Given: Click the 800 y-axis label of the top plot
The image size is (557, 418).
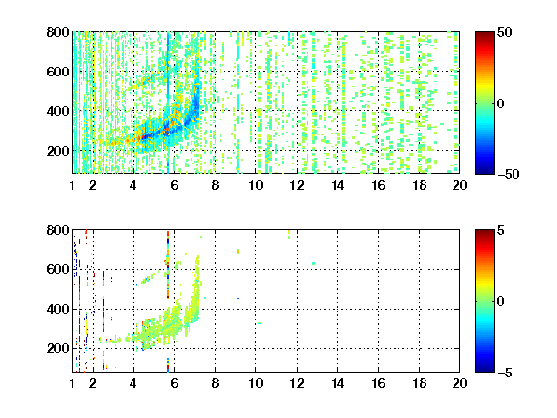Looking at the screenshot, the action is [x=58, y=32].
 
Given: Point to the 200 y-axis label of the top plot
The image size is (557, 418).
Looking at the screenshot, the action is [x=58, y=151].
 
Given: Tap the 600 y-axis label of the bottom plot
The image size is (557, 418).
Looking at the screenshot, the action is [x=58, y=269].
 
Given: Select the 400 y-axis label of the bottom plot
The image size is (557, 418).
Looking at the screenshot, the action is [x=58, y=309].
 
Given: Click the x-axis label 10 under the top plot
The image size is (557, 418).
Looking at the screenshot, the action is [x=255, y=185].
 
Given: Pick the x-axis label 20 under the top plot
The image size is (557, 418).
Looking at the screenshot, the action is [x=459, y=185].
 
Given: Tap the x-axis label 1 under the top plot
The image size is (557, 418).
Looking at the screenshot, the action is [x=73, y=185].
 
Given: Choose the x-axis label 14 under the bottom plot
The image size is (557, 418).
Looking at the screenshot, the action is [x=337, y=383].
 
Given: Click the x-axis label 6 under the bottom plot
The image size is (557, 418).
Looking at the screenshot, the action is [x=174, y=383].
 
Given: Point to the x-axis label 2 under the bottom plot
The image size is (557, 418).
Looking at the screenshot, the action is [x=93, y=383].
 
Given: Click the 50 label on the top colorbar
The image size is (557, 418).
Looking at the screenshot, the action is [x=504, y=32].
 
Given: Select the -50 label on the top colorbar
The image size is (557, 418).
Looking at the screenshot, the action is [x=508, y=174].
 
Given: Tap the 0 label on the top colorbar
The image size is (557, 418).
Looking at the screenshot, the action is [x=500, y=104].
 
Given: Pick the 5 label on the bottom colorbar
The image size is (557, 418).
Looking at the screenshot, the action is [x=501, y=230].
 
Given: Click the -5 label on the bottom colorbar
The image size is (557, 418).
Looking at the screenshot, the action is [x=505, y=373].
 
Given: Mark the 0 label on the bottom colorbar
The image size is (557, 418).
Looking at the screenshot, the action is [x=500, y=302].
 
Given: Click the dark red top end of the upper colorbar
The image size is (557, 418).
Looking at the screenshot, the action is [x=484, y=35].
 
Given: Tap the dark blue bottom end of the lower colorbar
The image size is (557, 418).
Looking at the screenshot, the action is [x=484, y=369].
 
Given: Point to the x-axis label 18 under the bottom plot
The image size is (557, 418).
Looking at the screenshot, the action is [x=419, y=383].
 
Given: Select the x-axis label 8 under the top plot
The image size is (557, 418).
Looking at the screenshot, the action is [x=215, y=185].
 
